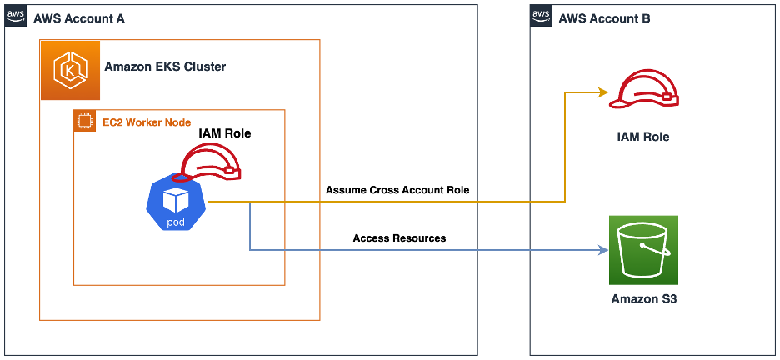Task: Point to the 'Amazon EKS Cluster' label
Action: (x=165, y=67)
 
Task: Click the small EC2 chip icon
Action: (x=83, y=122)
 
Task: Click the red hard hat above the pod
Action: (x=212, y=162)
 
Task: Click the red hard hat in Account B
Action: (x=643, y=90)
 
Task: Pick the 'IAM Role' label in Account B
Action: (x=643, y=137)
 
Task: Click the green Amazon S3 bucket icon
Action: (x=643, y=249)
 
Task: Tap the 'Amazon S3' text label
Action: (x=643, y=299)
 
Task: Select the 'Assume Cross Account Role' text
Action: (x=397, y=190)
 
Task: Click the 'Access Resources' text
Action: (x=399, y=238)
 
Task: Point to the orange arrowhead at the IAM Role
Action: (x=602, y=92)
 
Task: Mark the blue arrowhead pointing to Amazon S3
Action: (x=602, y=249)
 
